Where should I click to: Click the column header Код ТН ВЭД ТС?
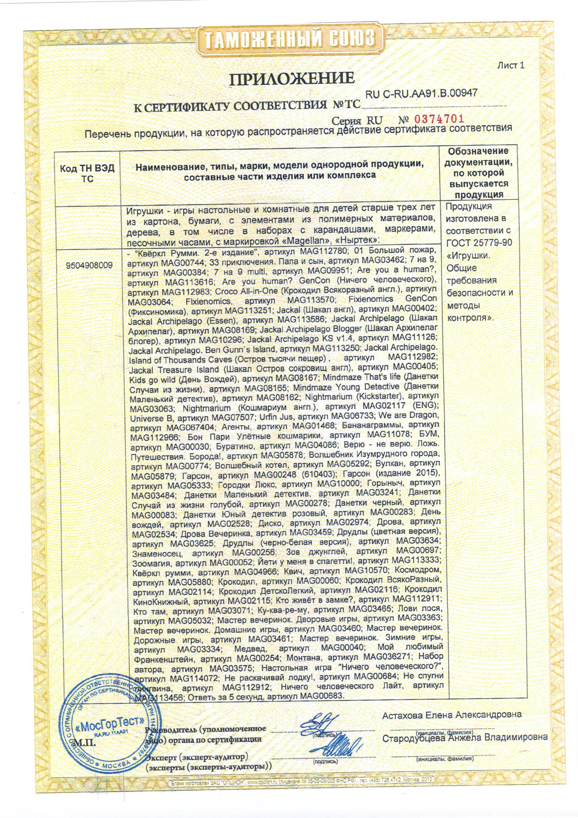click(x=87, y=173)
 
